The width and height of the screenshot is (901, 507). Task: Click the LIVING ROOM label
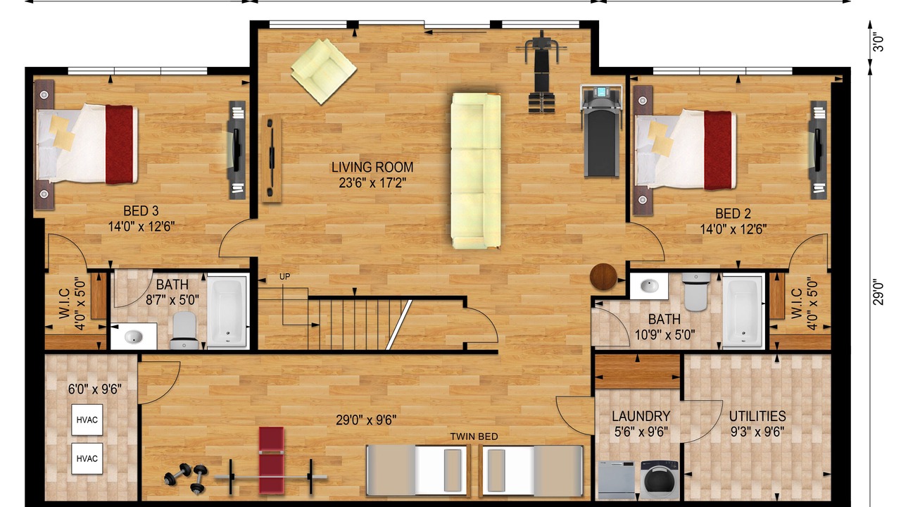(x=372, y=167)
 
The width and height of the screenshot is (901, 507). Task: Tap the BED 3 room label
(x=141, y=211)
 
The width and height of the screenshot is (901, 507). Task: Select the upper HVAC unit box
(x=87, y=420)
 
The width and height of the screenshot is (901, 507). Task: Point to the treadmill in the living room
(x=601, y=131)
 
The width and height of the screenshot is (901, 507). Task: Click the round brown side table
(x=603, y=277)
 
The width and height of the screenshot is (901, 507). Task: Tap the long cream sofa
(x=477, y=171)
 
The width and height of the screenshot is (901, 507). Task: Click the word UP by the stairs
(x=285, y=277)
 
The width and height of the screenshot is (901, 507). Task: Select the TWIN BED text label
(x=474, y=437)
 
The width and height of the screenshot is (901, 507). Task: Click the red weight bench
(x=272, y=461)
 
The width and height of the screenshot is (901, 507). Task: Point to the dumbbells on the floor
(x=187, y=477)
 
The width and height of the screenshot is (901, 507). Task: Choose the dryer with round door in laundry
(x=660, y=480)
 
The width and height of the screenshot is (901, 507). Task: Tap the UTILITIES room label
(x=757, y=415)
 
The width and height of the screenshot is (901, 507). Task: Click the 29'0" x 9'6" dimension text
(x=366, y=420)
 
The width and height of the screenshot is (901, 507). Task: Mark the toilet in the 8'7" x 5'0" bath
(x=184, y=330)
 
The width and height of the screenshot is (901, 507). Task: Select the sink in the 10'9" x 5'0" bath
(x=649, y=286)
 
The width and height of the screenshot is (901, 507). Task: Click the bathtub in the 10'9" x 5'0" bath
(x=743, y=311)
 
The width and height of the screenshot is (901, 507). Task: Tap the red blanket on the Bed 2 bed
(x=718, y=150)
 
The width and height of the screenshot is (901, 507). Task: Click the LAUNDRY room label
(x=641, y=415)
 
